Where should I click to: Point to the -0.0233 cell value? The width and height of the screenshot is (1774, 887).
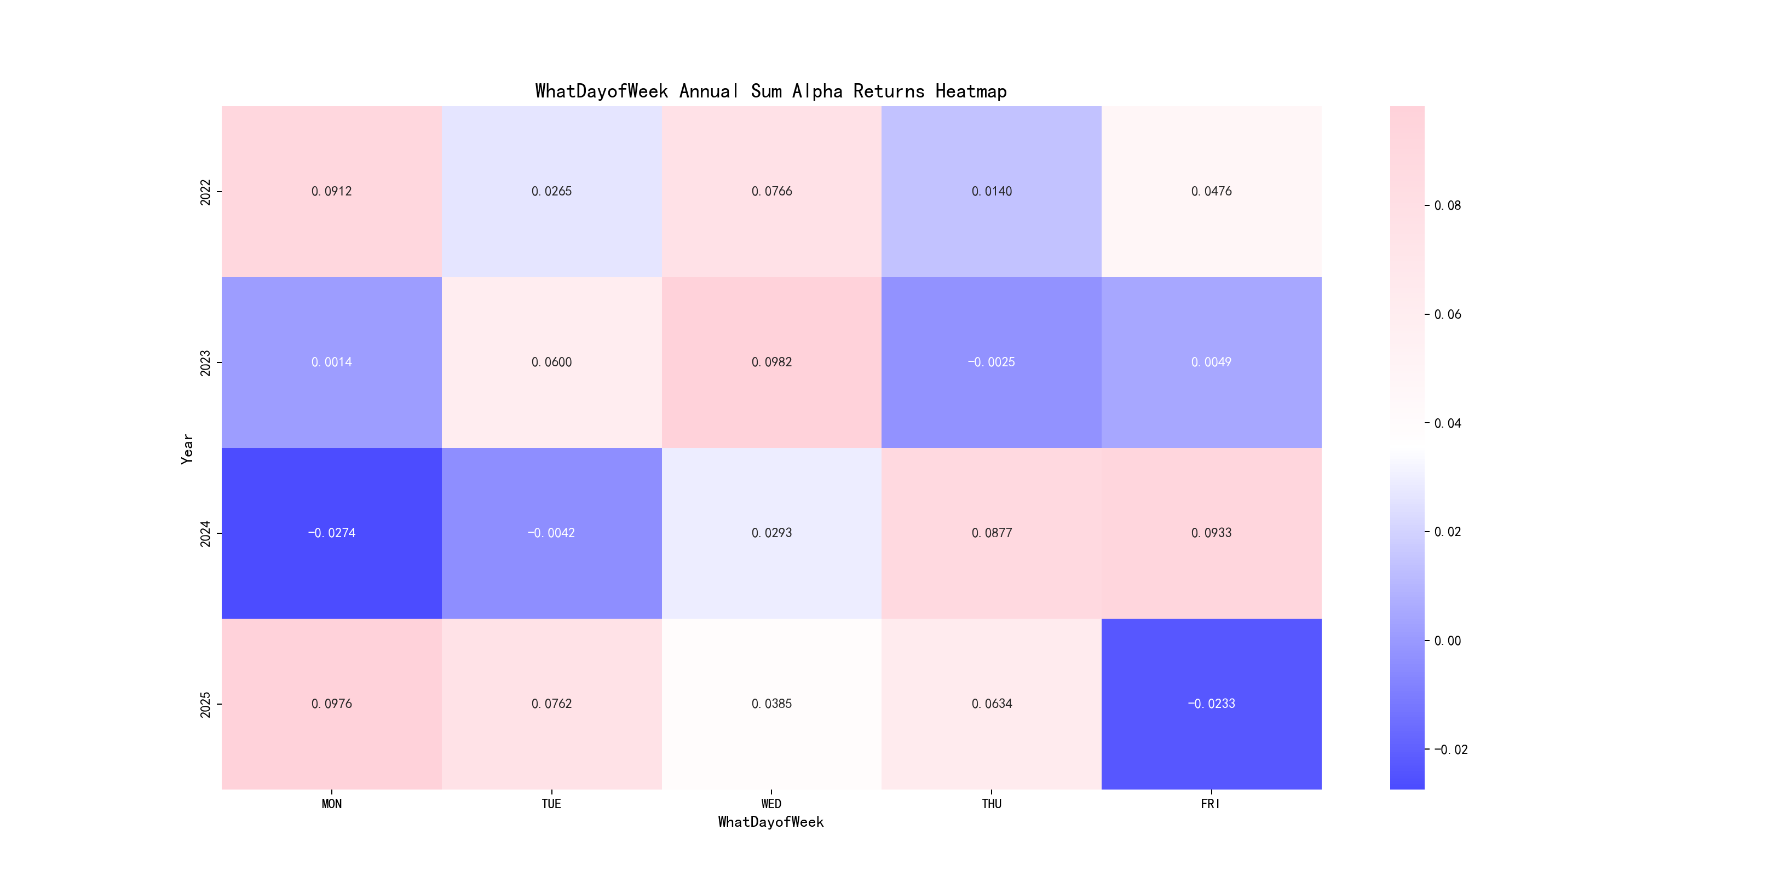[x=1211, y=704]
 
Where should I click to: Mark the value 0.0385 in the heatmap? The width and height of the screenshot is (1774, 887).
[x=771, y=704]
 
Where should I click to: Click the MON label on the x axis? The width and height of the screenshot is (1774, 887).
[x=331, y=804]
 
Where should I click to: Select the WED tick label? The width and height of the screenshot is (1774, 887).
[x=771, y=804]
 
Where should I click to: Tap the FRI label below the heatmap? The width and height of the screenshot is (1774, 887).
[x=1210, y=804]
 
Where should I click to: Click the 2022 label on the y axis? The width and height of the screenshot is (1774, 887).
[x=205, y=192]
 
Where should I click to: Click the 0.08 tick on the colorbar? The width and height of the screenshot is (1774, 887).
[x=1447, y=206]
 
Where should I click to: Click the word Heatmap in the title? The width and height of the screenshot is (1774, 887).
[x=970, y=91]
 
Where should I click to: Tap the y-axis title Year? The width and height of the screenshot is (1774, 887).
[x=187, y=449]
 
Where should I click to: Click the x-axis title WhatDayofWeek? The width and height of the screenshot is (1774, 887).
[x=770, y=822]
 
